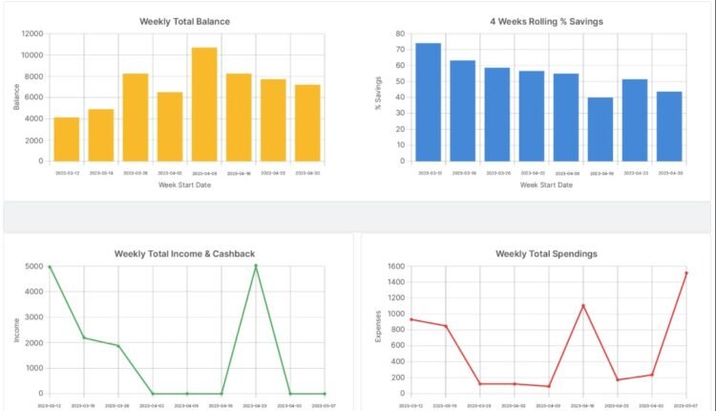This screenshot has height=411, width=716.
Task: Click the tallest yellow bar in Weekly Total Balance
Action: point(204,104)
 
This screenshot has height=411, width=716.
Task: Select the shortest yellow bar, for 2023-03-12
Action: point(67,140)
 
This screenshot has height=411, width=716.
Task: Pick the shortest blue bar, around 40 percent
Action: point(600,129)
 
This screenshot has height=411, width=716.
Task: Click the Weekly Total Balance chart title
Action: point(184,21)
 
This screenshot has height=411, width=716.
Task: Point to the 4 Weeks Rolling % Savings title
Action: point(546,21)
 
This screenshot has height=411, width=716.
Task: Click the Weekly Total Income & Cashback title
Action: point(184,253)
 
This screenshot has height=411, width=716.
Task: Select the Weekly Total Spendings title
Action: point(546,253)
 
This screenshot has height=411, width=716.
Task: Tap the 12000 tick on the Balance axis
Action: point(32,33)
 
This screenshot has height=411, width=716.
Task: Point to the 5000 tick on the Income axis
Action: point(32,267)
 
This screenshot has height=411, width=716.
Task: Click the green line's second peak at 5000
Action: point(256,267)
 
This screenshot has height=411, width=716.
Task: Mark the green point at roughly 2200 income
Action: point(84,337)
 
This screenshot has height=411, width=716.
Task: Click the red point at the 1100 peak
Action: point(583,306)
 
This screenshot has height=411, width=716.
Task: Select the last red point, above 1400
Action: point(686,273)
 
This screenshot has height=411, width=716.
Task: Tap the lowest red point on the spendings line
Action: point(549,386)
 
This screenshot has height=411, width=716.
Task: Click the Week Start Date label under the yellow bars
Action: point(184,184)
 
